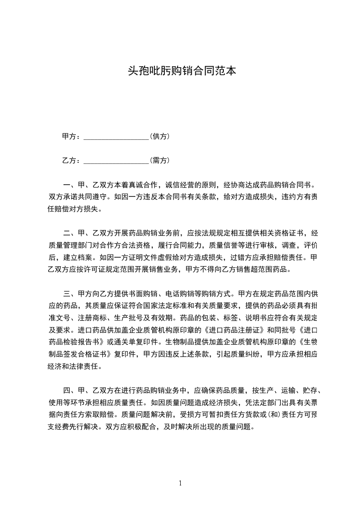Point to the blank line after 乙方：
(x=117, y=161)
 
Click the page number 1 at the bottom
(x=180, y=483)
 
